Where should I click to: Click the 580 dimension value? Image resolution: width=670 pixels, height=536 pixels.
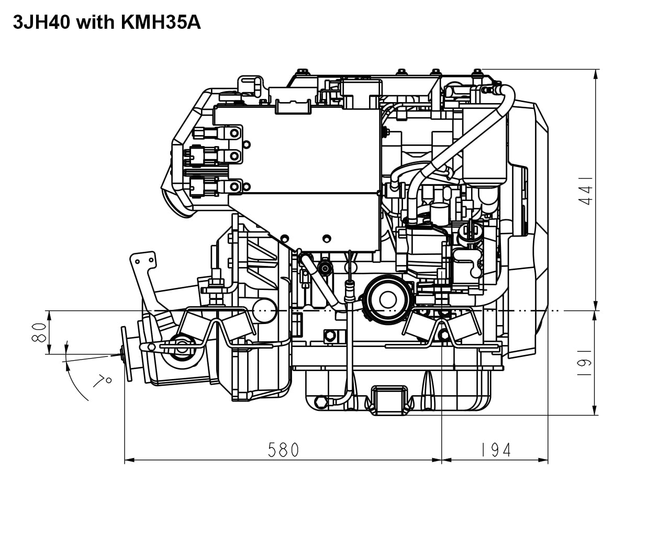[283, 450]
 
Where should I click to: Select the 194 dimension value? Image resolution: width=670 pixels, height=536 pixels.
[496, 450]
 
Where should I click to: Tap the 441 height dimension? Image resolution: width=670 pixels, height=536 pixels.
[585, 191]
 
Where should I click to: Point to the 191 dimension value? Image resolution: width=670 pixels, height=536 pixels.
[584, 363]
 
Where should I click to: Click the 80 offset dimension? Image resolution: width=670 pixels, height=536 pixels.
[39, 332]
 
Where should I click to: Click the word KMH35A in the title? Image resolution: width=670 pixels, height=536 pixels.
[161, 23]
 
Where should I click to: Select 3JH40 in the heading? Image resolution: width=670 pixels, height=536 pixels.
[42, 23]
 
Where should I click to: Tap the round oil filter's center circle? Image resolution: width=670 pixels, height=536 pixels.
[388, 299]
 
